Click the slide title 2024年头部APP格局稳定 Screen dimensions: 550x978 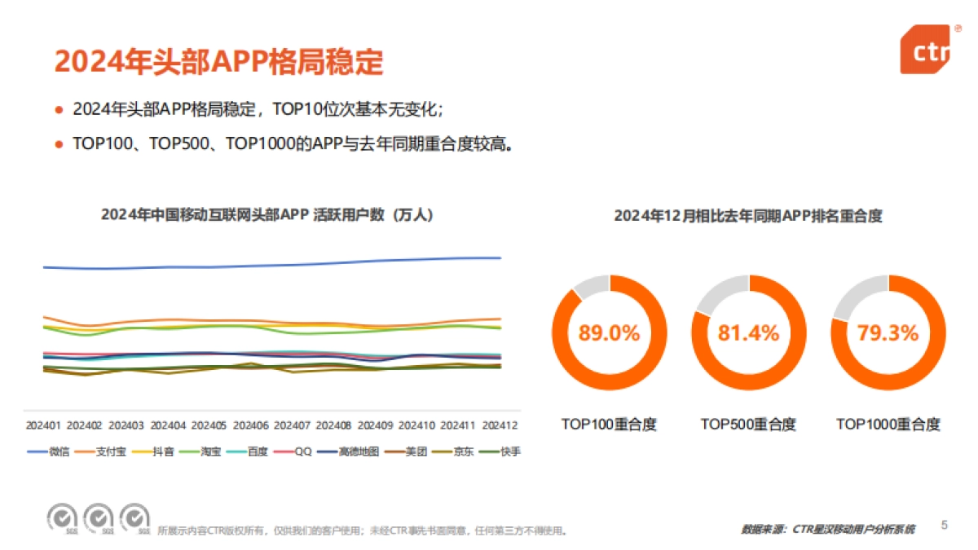pyautogui.click(x=218, y=62)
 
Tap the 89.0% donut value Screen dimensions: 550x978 pyautogui.click(x=610, y=333)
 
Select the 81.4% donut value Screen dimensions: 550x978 pyautogui.click(x=748, y=333)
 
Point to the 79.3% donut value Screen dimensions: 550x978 pyautogui.click(x=888, y=333)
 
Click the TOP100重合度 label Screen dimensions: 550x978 pyautogui.click(x=609, y=425)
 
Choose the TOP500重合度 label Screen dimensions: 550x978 pyautogui.click(x=748, y=425)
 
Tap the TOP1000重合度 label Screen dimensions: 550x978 pyautogui.click(x=888, y=425)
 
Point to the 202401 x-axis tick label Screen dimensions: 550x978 pyautogui.click(x=43, y=425)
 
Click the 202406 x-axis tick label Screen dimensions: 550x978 pyautogui.click(x=250, y=425)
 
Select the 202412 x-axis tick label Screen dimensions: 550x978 pyautogui.click(x=500, y=425)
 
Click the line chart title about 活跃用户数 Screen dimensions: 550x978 pyautogui.click(x=267, y=215)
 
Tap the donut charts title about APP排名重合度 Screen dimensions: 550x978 pyautogui.click(x=748, y=216)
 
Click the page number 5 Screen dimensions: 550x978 pyautogui.click(x=945, y=525)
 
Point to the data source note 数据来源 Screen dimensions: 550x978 pyautogui.click(x=827, y=530)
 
